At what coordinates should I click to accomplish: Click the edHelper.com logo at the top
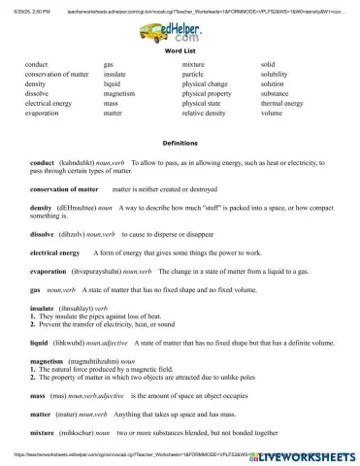point(180,30)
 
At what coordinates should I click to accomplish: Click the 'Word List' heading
point(180,50)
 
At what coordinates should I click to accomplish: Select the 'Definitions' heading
point(180,141)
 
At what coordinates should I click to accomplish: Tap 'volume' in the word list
point(273,112)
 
